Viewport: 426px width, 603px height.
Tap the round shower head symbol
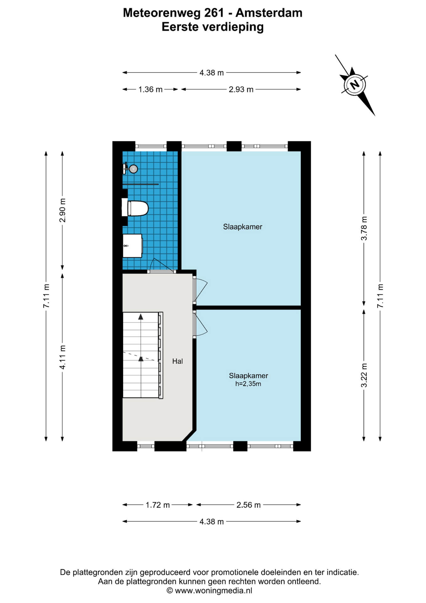pyautogui.click(x=134, y=169)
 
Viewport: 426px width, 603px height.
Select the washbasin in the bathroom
pyautogui.click(x=132, y=246)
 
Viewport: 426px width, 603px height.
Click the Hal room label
pyautogui.click(x=177, y=361)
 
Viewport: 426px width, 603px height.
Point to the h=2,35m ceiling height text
pyautogui.click(x=248, y=384)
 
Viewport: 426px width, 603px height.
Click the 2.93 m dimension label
pyautogui.click(x=241, y=90)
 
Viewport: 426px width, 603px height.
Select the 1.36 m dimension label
pyautogui.click(x=151, y=90)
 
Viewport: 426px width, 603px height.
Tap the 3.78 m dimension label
pyautogui.click(x=364, y=228)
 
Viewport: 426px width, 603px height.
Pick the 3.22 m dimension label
pyautogui.click(x=364, y=375)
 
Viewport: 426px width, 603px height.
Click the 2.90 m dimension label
pyautogui.click(x=62, y=210)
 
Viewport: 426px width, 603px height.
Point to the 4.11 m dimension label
pyautogui.click(x=62, y=357)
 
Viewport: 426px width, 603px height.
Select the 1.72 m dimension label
pyautogui.click(x=157, y=505)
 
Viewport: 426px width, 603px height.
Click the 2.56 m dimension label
pyautogui.click(x=248, y=505)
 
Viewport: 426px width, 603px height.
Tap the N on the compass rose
pyautogui.click(x=355, y=84)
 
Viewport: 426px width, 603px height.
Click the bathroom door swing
pyautogui.click(x=162, y=265)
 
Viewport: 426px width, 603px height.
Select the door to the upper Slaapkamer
pyautogui.click(x=200, y=290)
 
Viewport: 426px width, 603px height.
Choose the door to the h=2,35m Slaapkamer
pyautogui.click(x=200, y=324)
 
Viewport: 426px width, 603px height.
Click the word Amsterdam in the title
pyautogui.click(x=269, y=13)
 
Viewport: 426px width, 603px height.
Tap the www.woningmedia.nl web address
pyautogui.click(x=214, y=591)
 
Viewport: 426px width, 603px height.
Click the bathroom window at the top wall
pyautogui.click(x=151, y=146)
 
